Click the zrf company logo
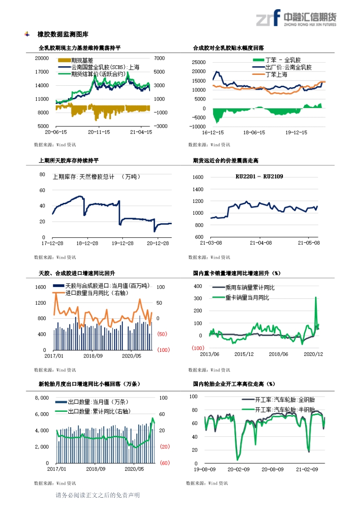[268, 18]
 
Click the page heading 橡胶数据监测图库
[63, 34]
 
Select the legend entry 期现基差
[82, 61]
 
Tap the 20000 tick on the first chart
[42, 58]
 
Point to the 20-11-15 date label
[99, 132]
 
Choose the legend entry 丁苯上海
[276, 74]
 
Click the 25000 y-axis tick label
[199, 62]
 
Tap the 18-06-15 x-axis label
[254, 132]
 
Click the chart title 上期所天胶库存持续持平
[68, 160]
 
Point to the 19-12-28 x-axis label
[122, 243]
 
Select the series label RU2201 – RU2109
[259, 176]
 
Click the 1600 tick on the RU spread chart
[198, 177]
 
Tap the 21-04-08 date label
[261, 243]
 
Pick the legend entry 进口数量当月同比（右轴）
[97, 293]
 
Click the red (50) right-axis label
[162, 334]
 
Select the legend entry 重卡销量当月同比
[247, 298]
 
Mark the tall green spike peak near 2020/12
[316, 297]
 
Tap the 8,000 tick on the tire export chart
[42, 398]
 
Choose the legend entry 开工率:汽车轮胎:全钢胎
[285, 400]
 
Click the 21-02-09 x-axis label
[307, 469]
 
